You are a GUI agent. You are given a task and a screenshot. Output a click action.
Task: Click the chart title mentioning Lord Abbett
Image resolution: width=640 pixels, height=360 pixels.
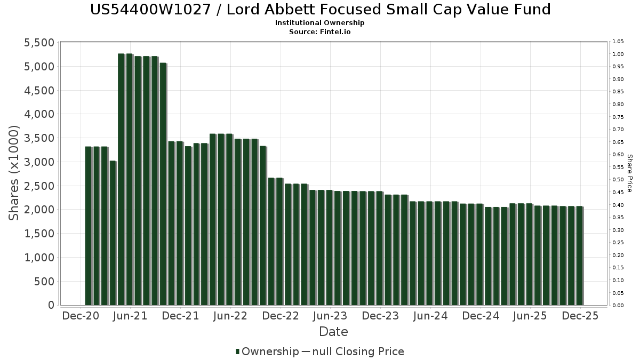(x=320, y=10)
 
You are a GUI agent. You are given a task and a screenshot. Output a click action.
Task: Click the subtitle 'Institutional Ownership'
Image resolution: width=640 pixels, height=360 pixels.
(x=320, y=23)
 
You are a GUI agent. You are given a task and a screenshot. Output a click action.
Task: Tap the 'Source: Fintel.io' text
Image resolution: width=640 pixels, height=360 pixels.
(x=320, y=32)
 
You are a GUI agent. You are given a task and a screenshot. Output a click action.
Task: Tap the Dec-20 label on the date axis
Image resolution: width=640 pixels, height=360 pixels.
(x=81, y=316)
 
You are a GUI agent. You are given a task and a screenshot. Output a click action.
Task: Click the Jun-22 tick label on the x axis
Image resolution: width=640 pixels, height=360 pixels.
(x=230, y=316)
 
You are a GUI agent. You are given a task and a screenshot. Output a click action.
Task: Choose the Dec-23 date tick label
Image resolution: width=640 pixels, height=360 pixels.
(x=380, y=316)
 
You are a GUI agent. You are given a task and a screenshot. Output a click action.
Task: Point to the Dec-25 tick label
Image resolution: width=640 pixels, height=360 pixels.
(x=580, y=316)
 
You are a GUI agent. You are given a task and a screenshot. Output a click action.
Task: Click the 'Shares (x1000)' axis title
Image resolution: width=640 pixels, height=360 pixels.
(x=14, y=173)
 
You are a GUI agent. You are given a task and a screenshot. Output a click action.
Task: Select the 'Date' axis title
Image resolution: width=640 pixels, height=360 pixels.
(x=333, y=332)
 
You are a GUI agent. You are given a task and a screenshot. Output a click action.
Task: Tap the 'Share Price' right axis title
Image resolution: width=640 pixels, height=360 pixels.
(x=630, y=173)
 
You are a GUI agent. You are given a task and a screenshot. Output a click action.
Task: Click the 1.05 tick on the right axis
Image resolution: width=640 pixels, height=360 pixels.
(x=618, y=42)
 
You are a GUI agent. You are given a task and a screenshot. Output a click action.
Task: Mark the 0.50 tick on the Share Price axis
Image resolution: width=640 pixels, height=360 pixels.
(x=618, y=180)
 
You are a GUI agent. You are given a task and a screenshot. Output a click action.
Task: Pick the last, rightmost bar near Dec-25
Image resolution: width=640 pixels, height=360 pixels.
(x=580, y=256)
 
